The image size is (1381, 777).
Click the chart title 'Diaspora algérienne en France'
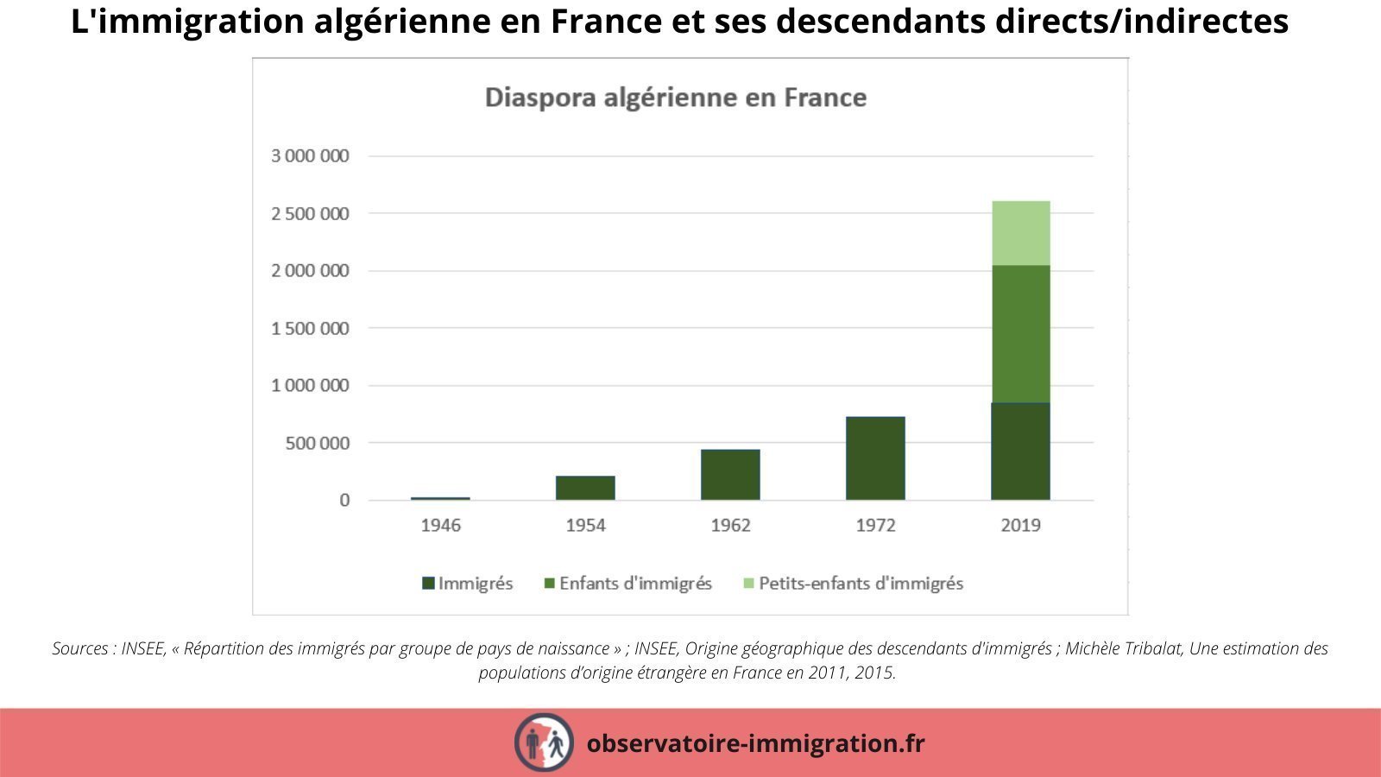675,97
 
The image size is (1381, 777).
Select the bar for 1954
585,488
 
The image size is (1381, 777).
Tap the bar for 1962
730,475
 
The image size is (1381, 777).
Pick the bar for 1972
875,458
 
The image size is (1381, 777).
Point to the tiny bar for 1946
440,498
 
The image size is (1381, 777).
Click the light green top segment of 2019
1020,233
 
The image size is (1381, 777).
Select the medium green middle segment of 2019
1020,334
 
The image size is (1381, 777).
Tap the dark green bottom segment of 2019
1020,452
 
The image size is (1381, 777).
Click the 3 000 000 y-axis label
310,156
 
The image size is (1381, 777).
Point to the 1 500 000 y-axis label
310,328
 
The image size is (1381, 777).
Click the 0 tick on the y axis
344,501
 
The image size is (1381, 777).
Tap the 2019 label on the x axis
1020,525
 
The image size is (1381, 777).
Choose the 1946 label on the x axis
440,525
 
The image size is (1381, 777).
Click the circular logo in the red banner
544,742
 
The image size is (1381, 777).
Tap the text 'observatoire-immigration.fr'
755,742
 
